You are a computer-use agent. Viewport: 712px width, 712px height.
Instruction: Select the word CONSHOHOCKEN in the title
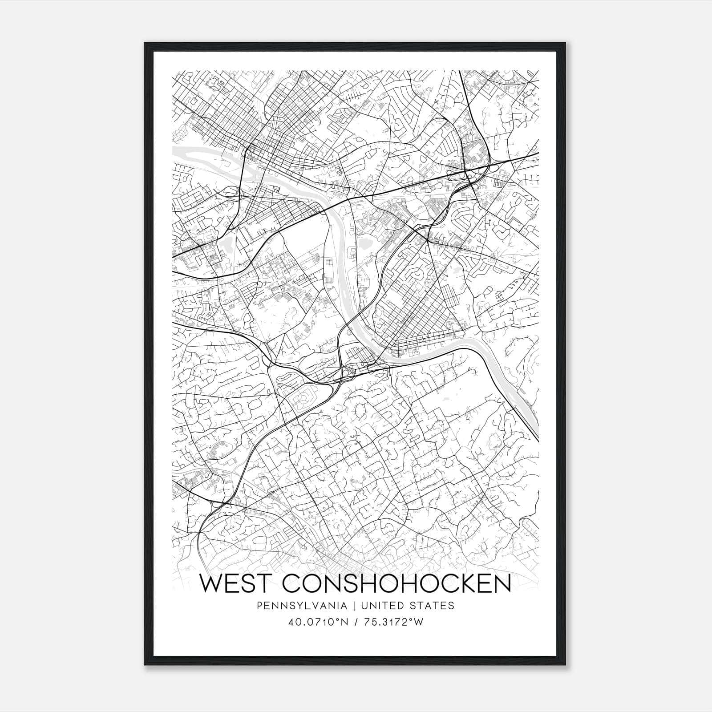pyautogui.click(x=396, y=583)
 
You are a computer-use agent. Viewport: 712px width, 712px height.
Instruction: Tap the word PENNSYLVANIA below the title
pyautogui.click(x=295, y=606)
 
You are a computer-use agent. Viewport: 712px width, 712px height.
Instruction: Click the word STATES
pyautogui.click(x=433, y=606)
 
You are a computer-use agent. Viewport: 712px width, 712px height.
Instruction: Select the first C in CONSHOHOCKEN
pyautogui.click(x=292, y=583)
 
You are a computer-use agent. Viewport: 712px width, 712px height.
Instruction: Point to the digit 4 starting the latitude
pyautogui.click(x=292, y=622)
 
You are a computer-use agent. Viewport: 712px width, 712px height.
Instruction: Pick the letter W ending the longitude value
pyautogui.click(x=417, y=622)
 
